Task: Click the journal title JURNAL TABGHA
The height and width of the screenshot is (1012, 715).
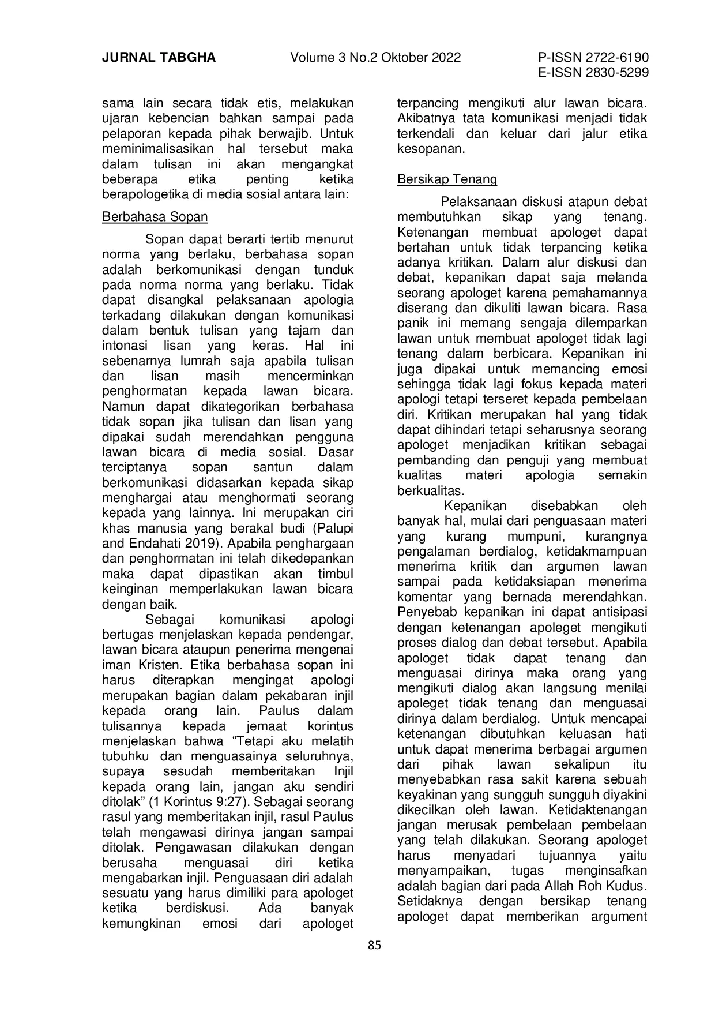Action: pos(159,58)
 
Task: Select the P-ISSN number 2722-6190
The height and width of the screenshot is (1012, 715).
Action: pos(615,58)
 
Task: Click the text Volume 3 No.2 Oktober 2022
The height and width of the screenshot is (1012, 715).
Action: pos(375,58)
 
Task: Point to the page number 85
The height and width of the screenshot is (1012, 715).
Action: pos(375,945)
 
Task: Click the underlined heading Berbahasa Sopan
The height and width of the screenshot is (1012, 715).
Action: pos(155,217)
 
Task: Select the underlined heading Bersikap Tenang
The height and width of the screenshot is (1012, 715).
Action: pos(447,179)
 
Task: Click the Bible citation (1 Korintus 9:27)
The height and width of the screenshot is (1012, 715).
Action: pos(200,802)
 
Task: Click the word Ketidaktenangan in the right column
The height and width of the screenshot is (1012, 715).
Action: pos(598,810)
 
